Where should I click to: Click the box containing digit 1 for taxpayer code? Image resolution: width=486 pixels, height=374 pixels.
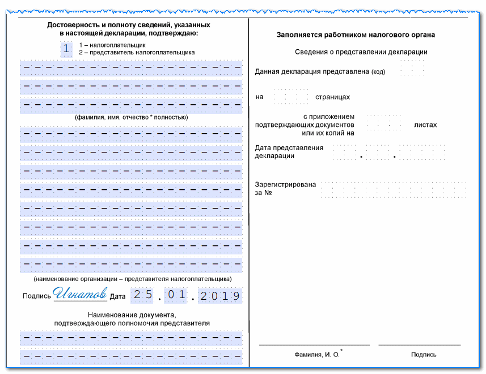point(66,49)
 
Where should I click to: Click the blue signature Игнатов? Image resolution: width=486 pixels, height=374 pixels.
point(80,295)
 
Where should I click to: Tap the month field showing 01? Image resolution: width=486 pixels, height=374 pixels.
point(179,296)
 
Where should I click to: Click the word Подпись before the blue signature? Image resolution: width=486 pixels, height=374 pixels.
point(37,296)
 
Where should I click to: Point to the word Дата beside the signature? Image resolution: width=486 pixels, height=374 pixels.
point(117,296)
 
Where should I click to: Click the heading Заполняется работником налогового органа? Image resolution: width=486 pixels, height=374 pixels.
point(356,35)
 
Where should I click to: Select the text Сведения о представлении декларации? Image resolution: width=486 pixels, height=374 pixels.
point(361,52)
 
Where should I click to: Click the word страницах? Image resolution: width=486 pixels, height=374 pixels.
point(332,97)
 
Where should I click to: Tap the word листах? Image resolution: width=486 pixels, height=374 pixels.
point(425,125)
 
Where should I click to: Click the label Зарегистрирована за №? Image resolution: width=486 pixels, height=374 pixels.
point(285,189)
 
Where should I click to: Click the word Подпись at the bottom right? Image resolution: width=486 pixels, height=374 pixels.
point(424,355)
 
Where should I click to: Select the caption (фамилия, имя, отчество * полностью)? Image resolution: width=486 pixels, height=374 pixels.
point(131,117)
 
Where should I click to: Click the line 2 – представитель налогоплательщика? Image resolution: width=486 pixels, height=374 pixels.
point(137,52)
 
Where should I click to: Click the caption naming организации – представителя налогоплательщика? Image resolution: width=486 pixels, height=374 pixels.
point(132,279)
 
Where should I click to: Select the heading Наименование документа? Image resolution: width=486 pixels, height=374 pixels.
point(132,315)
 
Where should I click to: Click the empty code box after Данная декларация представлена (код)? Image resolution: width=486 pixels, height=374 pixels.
point(412,69)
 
